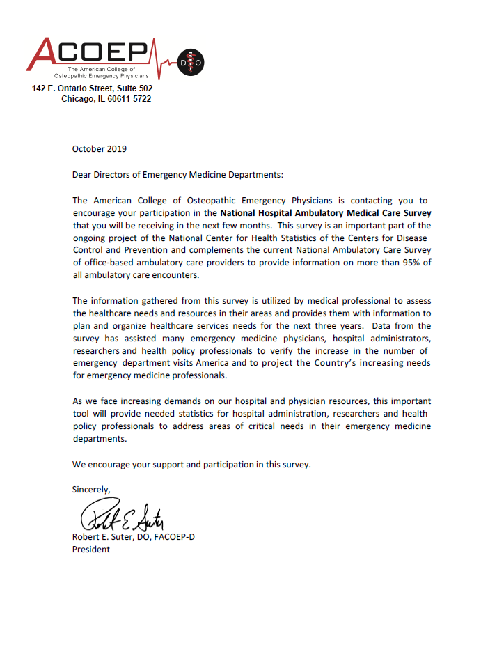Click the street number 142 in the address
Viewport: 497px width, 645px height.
tap(39, 88)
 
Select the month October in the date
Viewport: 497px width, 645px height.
tap(88, 148)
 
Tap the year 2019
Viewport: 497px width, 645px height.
tap(117, 148)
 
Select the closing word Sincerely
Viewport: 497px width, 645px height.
tap(91, 490)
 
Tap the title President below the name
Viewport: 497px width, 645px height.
tap(91, 550)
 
